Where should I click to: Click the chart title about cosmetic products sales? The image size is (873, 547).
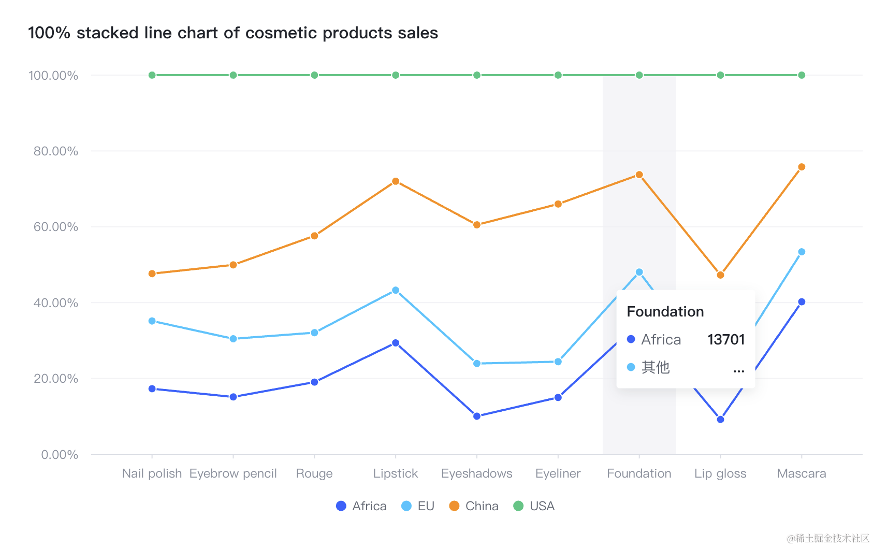(x=233, y=33)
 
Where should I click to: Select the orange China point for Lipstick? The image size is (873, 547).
(x=396, y=181)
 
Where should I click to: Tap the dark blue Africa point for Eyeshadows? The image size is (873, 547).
(x=477, y=416)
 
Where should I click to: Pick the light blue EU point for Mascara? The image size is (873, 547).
(x=802, y=252)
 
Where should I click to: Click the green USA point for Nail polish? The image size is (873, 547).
(x=152, y=75)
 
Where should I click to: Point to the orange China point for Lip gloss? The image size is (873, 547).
(x=720, y=275)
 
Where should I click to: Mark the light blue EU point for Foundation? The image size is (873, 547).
(x=639, y=272)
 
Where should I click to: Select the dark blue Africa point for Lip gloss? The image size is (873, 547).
(x=720, y=419)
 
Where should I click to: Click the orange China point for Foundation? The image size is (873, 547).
(x=639, y=175)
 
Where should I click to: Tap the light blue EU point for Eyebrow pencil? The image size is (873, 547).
(x=233, y=339)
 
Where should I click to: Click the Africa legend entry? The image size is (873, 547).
(x=361, y=506)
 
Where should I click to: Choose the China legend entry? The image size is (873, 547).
(x=474, y=506)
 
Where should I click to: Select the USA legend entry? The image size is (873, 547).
(x=534, y=506)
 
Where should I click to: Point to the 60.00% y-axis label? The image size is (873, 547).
(x=56, y=227)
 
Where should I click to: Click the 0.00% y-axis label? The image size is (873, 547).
(x=60, y=455)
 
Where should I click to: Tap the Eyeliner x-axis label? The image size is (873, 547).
(x=558, y=473)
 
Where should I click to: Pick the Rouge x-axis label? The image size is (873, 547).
(x=314, y=473)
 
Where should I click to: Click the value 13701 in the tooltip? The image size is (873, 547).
(x=726, y=339)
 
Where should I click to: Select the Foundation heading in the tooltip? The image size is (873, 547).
(x=665, y=311)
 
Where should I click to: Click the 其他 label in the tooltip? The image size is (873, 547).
(x=656, y=367)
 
